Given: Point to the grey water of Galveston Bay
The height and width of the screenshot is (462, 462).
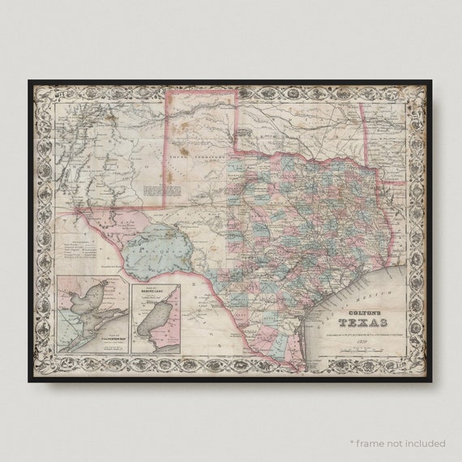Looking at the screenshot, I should coord(85,305).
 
